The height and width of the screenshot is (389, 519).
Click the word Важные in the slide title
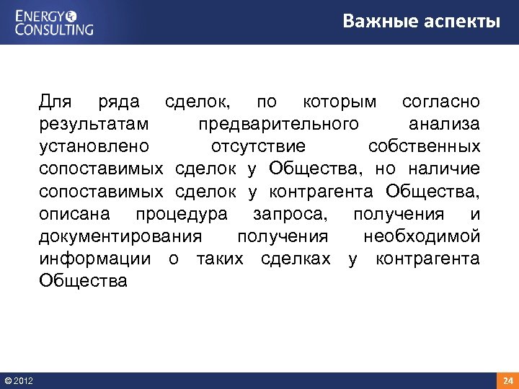(x=377, y=21)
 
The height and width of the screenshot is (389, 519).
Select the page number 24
(x=507, y=380)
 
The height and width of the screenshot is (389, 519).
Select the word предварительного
(x=278, y=124)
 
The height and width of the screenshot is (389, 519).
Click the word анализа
(x=445, y=124)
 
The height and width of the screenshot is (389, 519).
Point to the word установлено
(x=94, y=147)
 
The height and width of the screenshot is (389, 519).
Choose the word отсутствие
(x=258, y=147)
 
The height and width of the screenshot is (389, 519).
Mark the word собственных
(x=424, y=147)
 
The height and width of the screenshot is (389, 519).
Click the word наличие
(x=444, y=169)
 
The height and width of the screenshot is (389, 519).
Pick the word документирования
(x=121, y=237)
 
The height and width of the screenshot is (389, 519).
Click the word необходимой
(x=422, y=237)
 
